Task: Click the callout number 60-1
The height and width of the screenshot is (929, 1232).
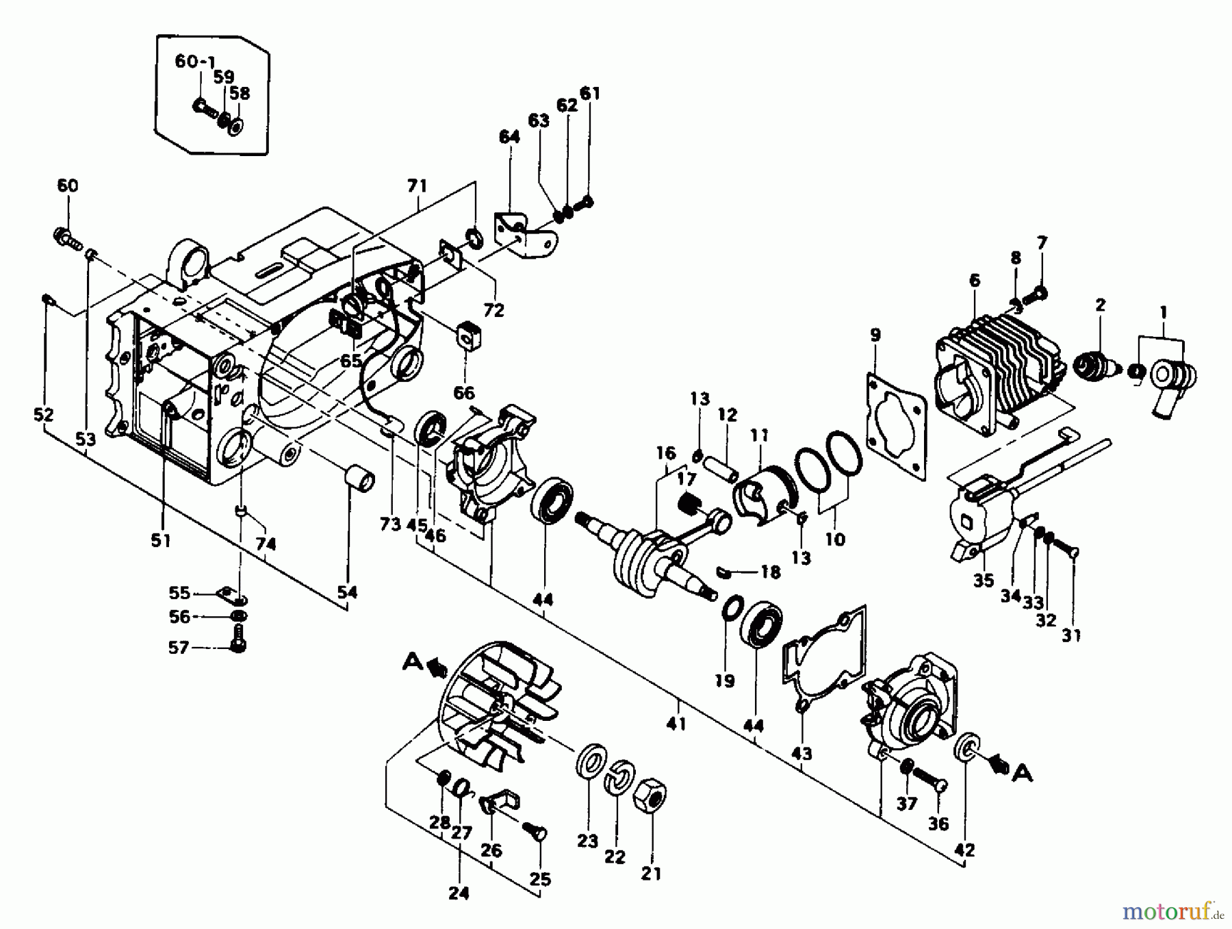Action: (196, 62)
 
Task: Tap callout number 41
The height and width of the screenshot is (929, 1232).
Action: (676, 724)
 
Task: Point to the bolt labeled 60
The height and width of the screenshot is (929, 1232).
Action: (66, 238)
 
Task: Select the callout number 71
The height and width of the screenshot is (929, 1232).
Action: (417, 186)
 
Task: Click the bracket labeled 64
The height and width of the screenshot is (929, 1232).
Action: (524, 236)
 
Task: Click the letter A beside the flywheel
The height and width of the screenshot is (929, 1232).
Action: (412, 661)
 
